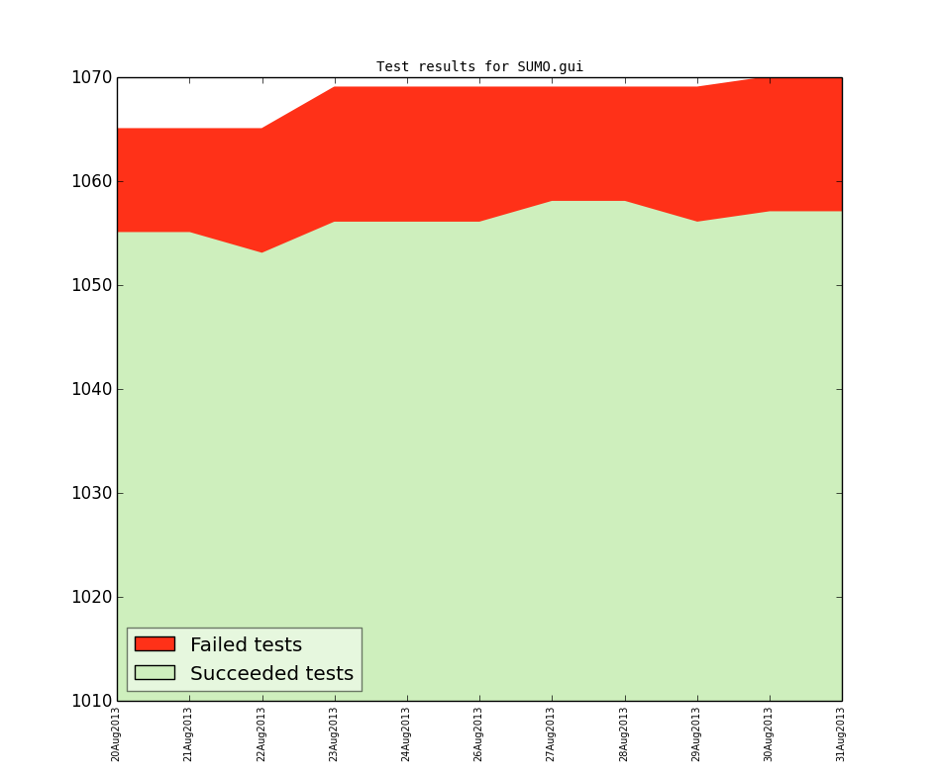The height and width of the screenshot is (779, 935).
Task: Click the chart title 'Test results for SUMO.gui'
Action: [479, 67]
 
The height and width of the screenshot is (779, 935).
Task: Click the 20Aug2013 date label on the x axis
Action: [116, 733]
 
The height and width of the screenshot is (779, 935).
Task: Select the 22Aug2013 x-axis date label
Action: [261, 733]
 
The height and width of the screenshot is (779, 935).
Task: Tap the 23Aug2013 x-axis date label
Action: [334, 733]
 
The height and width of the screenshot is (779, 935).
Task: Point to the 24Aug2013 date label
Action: [406, 733]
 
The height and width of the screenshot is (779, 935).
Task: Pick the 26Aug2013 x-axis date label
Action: [479, 733]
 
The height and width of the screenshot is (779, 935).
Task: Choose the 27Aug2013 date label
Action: [552, 733]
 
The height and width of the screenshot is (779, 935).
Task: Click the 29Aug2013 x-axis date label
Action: [696, 733]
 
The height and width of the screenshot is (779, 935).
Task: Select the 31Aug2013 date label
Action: [841, 733]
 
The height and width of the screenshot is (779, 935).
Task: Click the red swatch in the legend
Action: [155, 644]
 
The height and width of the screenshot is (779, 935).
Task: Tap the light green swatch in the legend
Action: [155, 673]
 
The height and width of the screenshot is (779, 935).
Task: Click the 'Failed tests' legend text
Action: [246, 645]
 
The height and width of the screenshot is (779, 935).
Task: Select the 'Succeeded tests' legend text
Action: [271, 674]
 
